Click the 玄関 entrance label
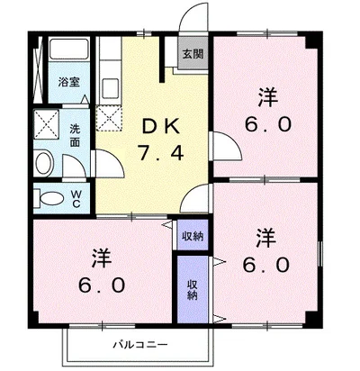coord(193,54)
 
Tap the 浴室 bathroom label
coord(69,82)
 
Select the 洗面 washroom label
coord(75,135)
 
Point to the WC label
coord(76,199)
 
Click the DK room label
coord(161,127)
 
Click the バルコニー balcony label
coord(139,344)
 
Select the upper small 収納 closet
coord(193,236)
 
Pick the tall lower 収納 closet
coord(193,290)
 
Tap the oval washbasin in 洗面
coord(44,164)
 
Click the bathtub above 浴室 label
coord(69,49)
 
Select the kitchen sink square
coord(111,87)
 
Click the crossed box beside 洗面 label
coord(47,124)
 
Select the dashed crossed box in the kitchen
coord(109,117)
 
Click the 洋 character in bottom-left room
coord(102,258)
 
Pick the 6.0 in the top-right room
coord(268,124)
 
